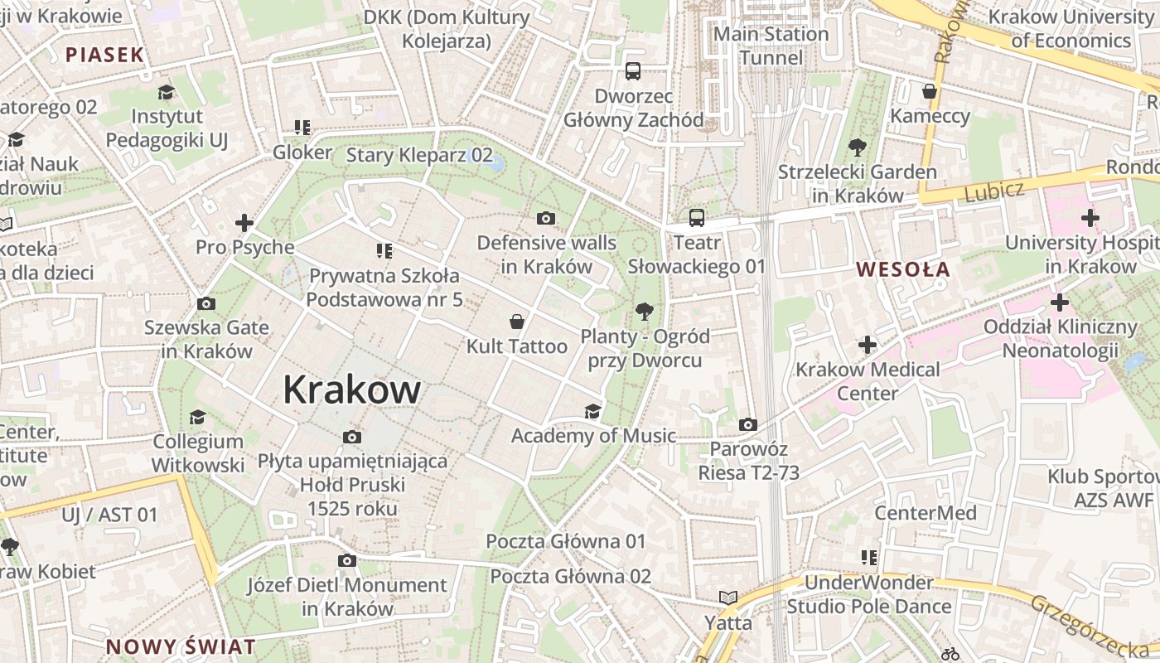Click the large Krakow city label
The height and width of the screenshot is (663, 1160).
tap(352, 390)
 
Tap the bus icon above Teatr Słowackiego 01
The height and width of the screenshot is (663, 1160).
tap(696, 218)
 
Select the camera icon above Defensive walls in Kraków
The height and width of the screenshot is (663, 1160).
tap(545, 218)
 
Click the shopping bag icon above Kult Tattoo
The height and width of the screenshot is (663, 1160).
tap(517, 322)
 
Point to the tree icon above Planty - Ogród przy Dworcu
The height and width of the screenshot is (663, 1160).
tap(644, 312)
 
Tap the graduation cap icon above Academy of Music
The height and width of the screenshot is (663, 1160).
tap(592, 411)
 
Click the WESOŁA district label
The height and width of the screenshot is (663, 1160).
tap(903, 269)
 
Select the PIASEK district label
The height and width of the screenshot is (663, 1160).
tap(105, 56)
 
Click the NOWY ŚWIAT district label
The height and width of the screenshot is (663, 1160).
tap(181, 646)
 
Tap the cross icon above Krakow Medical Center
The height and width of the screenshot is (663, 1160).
tap(868, 344)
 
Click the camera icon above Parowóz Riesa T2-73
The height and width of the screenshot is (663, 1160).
tap(747, 424)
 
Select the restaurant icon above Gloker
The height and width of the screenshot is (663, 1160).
tap(302, 128)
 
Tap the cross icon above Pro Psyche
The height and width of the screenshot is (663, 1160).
tap(244, 223)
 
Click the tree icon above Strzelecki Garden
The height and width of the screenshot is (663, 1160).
tap(857, 148)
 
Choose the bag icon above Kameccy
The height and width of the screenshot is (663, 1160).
tap(930, 91)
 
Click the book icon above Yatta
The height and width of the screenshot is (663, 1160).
tap(727, 598)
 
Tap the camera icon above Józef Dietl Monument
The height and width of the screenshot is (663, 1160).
tap(347, 561)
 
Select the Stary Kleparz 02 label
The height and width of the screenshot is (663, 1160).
tap(419, 155)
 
